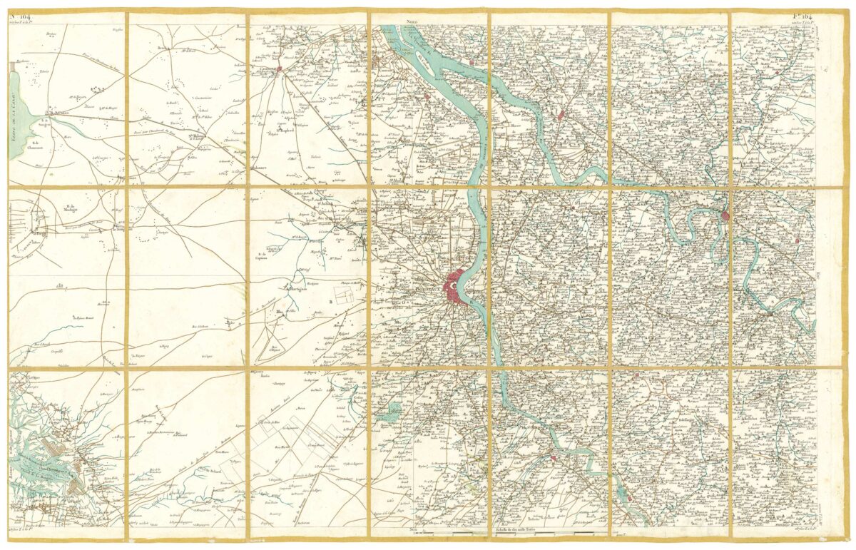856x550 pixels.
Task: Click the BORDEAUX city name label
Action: pyautogui.click(x=428, y=290)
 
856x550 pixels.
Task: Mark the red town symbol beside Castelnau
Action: pyautogui.click(x=280, y=69)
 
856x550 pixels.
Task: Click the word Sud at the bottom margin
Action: pyautogui.click(x=412, y=529)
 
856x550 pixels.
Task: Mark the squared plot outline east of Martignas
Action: pyautogui.click(x=346, y=299)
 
